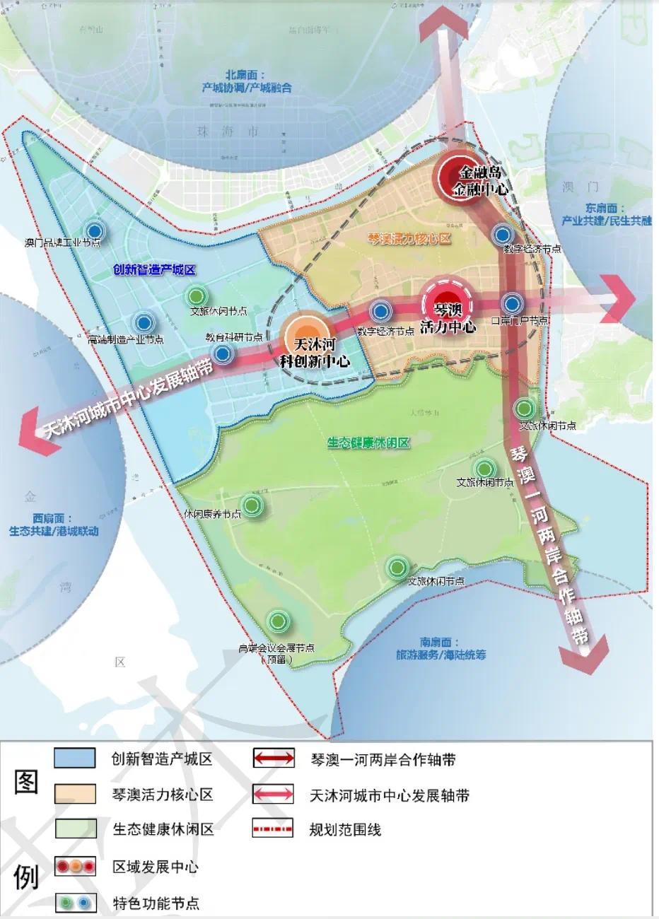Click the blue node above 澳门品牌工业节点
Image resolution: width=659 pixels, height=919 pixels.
(x=94, y=230)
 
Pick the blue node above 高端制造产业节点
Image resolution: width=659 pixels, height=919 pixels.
(x=144, y=323)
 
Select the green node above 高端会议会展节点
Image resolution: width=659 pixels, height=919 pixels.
(x=279, y=621)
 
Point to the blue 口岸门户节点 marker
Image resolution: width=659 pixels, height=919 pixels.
(x=513, y=304)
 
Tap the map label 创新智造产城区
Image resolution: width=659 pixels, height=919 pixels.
(x=153, y=270)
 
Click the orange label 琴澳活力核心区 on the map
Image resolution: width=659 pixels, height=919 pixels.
(x=409, y=239)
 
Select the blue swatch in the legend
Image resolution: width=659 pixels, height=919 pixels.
(x=75, y=758)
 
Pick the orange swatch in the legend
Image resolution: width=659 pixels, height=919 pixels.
(x=75, y=793)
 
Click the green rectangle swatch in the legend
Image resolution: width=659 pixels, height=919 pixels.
(x=75, y=829)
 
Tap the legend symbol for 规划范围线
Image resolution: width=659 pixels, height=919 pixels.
(x=273, y=829)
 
